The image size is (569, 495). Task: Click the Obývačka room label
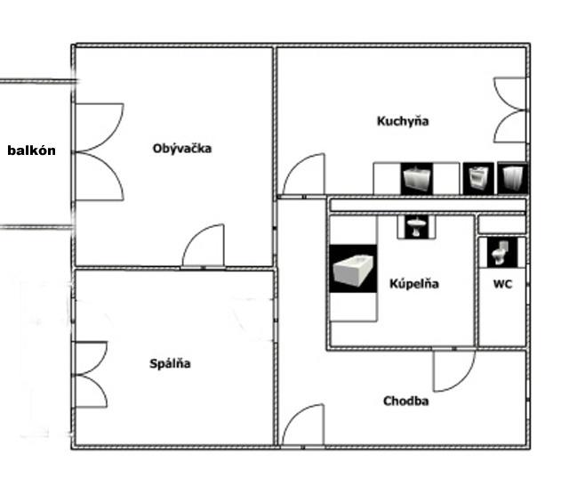(182, 149)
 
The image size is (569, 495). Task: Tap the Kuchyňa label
(402, 121)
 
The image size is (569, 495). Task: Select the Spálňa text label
(170, 363)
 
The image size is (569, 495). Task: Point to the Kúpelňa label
(414, 284)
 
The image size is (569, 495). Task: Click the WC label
(502, 285)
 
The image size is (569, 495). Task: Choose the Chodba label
(405, 402)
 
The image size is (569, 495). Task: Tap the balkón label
(31, 150)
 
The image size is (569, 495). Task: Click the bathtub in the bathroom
(354, 269)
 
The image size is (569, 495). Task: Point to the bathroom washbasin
(416, 226)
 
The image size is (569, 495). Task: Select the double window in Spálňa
(91, 374)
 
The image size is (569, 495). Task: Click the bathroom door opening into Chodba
(453, 369)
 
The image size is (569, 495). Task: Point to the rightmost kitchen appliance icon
(513, 178)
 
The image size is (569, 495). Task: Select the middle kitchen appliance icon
(477, 178)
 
